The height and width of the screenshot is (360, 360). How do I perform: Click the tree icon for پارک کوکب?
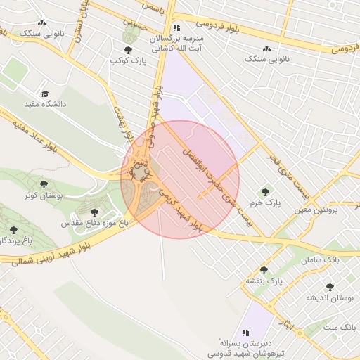(x=127, y=50)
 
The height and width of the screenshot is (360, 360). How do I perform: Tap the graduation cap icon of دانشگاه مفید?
(x=45, y=93)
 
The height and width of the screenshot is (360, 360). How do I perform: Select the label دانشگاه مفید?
(x=45, y=104)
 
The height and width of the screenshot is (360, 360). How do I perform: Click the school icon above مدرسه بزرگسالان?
(x=176, y=27)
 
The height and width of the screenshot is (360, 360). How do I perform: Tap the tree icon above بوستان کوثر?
(x=44, y=184)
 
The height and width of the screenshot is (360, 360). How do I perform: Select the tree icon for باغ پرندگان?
(x=13, y=230)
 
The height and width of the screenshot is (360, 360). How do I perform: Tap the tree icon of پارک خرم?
(x=265, y=191)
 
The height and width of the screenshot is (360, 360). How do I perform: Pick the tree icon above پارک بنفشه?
(x=264, y=270)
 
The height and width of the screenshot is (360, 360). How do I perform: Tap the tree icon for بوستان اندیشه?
(x=330, y=287)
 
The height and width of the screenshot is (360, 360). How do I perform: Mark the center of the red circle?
(x=180, y=179)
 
